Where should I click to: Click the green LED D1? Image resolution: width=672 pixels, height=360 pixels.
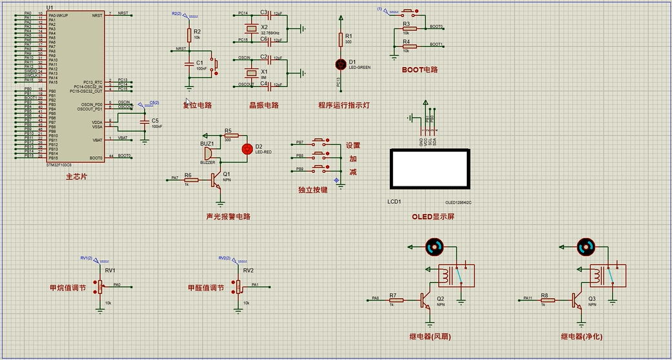click(341, 64)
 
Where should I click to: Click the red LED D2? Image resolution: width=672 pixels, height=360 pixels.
click(246, 148)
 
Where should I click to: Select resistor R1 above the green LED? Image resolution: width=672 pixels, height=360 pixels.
click(341, 40)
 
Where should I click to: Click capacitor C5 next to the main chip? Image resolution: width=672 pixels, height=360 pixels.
click(144, 121)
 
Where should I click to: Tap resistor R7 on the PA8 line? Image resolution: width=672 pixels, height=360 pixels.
click(396, 300)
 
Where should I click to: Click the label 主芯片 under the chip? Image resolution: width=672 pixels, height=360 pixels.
click(76, 176)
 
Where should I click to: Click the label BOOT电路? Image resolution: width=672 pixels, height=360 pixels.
click(420, 70)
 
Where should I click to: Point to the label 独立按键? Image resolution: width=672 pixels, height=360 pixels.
click(312, 190)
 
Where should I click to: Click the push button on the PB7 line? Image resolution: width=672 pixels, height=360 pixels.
click(320, 141)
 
